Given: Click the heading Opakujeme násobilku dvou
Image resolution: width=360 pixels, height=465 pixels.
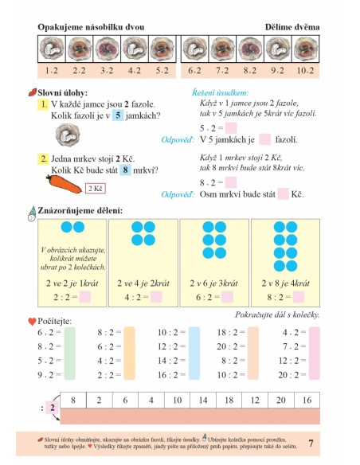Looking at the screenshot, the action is [x=91, y=27].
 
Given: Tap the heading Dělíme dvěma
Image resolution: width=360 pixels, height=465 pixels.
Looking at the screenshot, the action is [x=292, y=27].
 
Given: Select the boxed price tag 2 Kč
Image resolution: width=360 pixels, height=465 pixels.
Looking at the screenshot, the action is [x=96, y=189].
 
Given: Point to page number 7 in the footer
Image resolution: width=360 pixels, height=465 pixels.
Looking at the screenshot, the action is [x=311, y=442].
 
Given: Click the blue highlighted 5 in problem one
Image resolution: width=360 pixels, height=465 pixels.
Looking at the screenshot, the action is [x=119, y=115].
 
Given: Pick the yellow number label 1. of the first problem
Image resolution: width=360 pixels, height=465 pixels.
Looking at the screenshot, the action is [x=42, y=104].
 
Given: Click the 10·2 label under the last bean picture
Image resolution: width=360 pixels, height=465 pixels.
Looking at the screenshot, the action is [x=305, y=70].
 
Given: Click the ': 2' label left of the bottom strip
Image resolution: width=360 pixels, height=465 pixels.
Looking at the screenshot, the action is [x=48, y=408].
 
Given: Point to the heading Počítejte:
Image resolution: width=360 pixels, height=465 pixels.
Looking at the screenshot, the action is [x=53, y=321].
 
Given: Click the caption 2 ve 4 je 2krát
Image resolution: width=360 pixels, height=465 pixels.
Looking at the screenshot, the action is [x=143, y=283].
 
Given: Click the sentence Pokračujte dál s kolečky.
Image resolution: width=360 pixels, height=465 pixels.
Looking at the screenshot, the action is [x=273, y=315].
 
